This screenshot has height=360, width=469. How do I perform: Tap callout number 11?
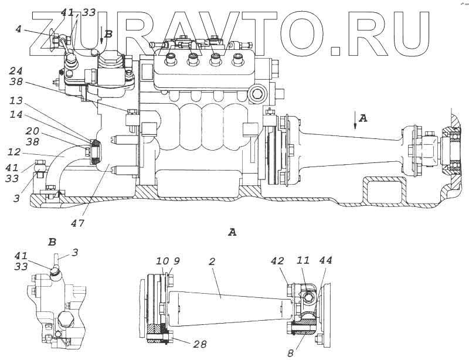click(303, 260)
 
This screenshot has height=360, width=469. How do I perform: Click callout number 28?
click(200, 344)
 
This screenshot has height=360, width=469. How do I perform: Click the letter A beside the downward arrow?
click(363, 118)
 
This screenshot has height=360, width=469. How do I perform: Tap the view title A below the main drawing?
click(232, 233)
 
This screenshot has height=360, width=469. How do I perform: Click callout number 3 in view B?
click(74, 253)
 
